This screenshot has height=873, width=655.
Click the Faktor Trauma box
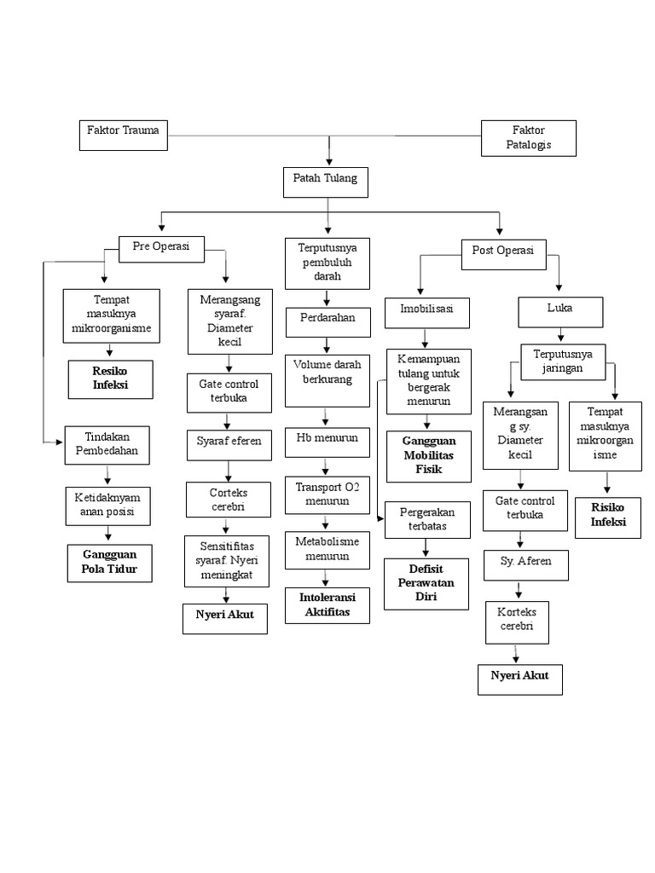123,136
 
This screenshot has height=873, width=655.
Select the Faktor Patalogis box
529,138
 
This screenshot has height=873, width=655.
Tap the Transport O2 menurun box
327,494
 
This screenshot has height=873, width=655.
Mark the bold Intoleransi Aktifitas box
327,604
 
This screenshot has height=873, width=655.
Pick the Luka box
559,312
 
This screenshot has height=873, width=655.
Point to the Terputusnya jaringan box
562,359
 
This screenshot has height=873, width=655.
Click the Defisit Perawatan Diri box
426,584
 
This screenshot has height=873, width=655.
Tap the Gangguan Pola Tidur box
109,564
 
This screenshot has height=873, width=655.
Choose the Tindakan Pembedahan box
107,445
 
